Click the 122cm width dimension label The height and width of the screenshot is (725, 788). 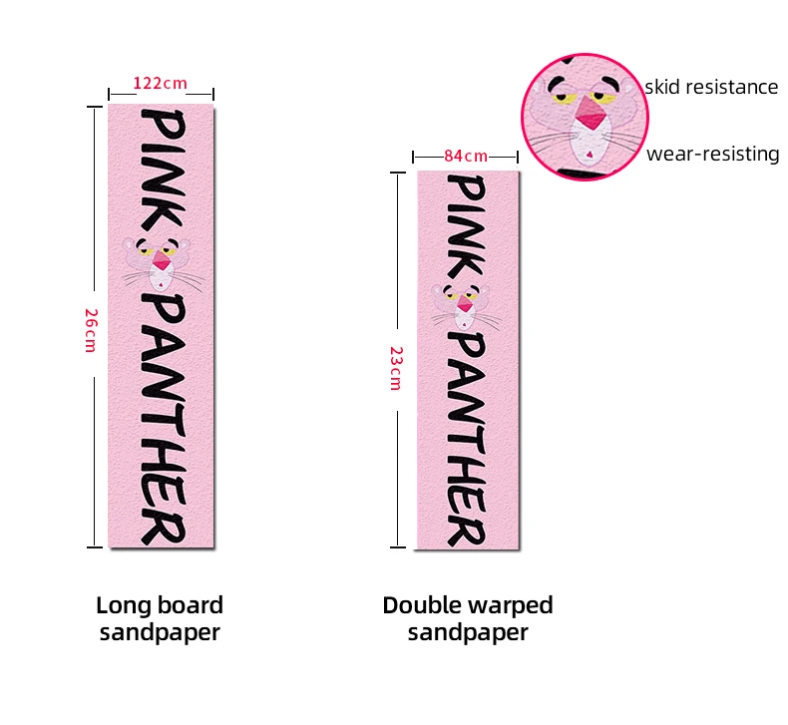pos(162,84)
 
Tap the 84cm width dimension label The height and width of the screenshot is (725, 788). pos(466,156)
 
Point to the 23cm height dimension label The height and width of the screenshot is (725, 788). pos(396,367)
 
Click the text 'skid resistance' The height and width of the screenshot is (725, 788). pos(711,87)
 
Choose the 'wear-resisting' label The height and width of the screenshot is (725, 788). pos(712,154)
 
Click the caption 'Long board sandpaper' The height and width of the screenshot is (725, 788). pos(160,618)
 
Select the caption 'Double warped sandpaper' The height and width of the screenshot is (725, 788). pos(468,618)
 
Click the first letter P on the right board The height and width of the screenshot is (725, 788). pos(468,189)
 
